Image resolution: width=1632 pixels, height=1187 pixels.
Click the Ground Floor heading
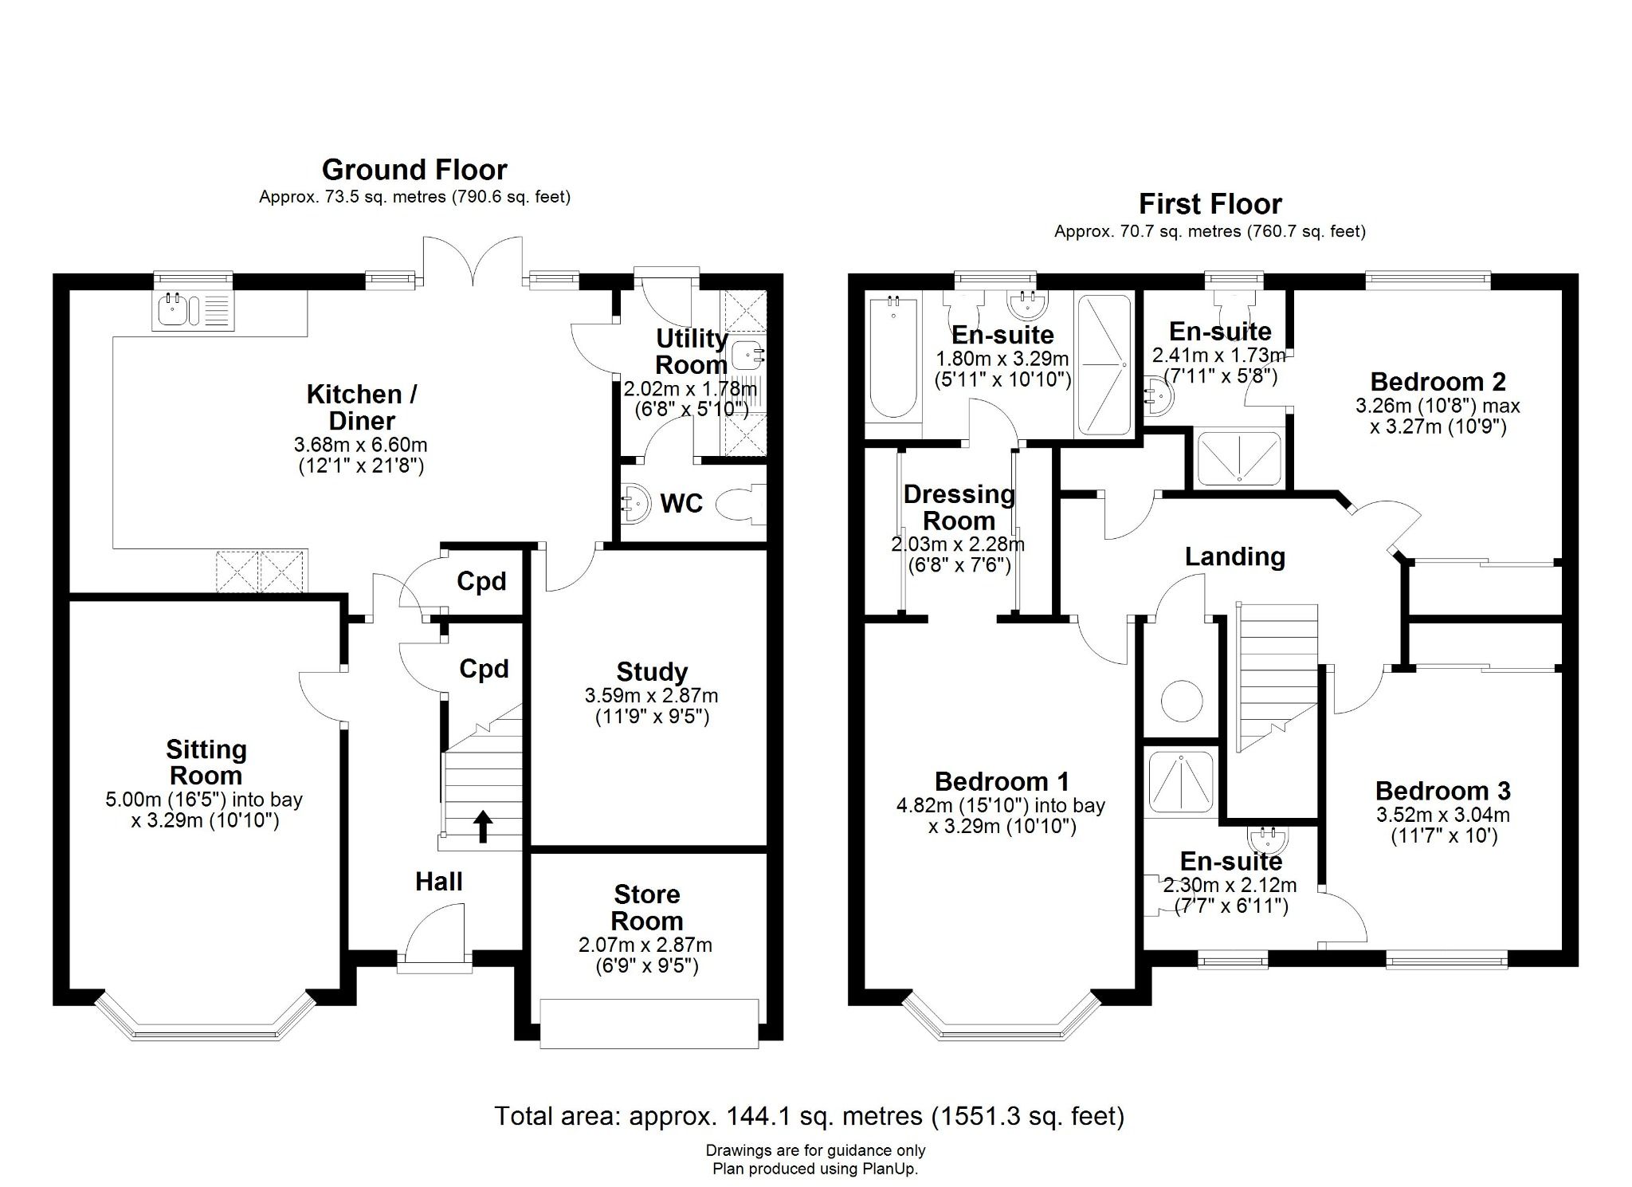click(414, 170)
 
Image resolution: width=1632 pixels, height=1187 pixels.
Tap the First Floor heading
click(1209, 204)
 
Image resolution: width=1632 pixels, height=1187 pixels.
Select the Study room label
click(651, 671)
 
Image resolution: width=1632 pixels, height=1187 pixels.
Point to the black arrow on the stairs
click(483, 827)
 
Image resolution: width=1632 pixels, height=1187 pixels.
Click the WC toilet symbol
click(738, 505)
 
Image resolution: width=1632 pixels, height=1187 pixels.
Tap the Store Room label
click(646, 907)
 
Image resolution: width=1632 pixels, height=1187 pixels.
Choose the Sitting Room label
click(206, 762)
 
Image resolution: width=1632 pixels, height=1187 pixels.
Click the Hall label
click(438, 881)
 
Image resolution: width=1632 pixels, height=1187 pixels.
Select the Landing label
click(1234, 556)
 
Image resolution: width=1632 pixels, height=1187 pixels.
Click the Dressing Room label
click(959, 507)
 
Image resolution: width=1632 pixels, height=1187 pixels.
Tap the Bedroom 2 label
click(1437, 382)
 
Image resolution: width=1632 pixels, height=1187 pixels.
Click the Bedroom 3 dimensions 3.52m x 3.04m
click(1442, 815)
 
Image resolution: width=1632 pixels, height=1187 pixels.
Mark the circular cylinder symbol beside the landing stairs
click(1181, 702)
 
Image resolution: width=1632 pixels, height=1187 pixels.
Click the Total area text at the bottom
click(809, 1115)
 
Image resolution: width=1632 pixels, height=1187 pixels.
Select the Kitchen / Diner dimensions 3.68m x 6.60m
click(360, 445)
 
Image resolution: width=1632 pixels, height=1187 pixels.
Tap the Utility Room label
click(691, 352)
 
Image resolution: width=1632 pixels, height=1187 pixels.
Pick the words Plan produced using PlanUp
click(814, 1169)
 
